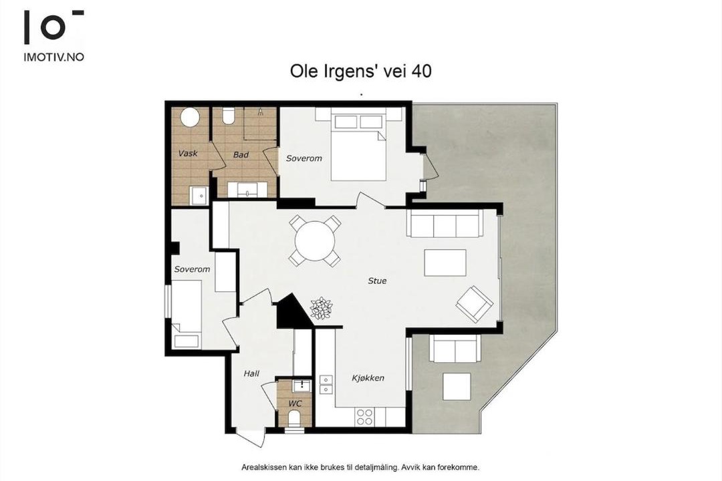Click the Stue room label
point(377,281)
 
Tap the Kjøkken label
point(368,378)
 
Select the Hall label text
point(251,373)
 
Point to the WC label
point(295,404)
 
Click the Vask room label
point(188,153)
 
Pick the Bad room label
point(241,155)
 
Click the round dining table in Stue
point(316,241)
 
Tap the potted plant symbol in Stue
point(321,308)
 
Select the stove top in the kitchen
point(364,417)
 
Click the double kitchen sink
point(326,385)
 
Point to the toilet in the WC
point(293,418)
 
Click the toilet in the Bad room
point(228,116)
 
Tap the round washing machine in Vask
point(190,117)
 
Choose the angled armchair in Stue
point(474,305)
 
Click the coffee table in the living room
point(445,263)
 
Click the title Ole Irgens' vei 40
point(360,71)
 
